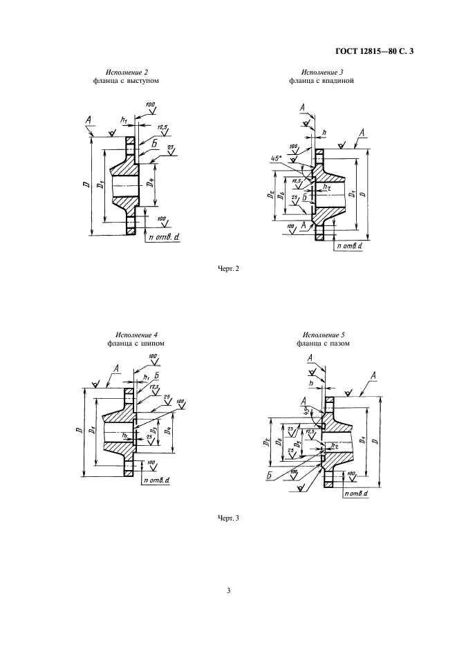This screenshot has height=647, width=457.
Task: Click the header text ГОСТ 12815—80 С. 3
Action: (379, 50)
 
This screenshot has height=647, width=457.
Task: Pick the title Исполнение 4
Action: (136, 335)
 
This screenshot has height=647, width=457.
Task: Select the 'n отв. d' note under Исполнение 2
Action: (163, 238)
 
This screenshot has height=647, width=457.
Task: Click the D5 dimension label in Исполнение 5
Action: (297, 443)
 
